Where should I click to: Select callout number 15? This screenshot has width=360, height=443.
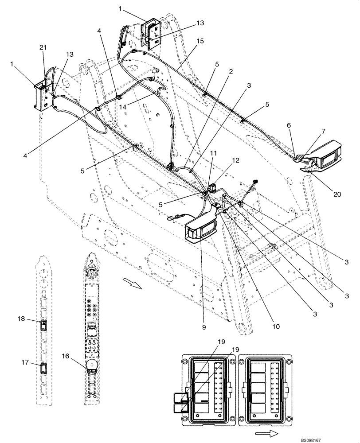click(x=200, y=41)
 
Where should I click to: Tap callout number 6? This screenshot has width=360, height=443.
click(x=289, y=126)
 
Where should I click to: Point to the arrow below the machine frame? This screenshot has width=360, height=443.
click(x=132, y=283)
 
